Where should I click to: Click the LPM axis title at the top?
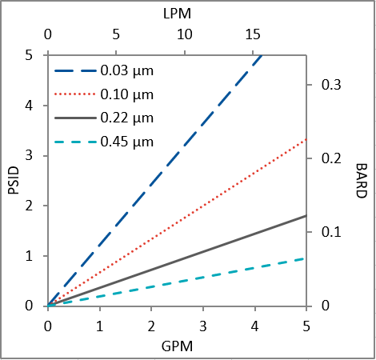(177, 14)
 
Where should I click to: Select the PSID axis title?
(13, 180)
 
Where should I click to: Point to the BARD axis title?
(362, 180)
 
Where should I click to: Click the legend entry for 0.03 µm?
(127, 70)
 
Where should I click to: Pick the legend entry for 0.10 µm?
(127, 94)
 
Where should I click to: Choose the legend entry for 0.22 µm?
(127, 118)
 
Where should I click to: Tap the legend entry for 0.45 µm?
(127, 143)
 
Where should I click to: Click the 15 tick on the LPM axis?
(253, 35)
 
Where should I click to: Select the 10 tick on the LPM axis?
(184, 35)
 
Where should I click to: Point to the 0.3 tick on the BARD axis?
(330, 85)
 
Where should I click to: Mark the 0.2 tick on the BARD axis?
(330, 158)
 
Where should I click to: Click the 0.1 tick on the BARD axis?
(330, 232)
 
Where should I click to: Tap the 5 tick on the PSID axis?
(29, 55)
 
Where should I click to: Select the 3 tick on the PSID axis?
(29, 155)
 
